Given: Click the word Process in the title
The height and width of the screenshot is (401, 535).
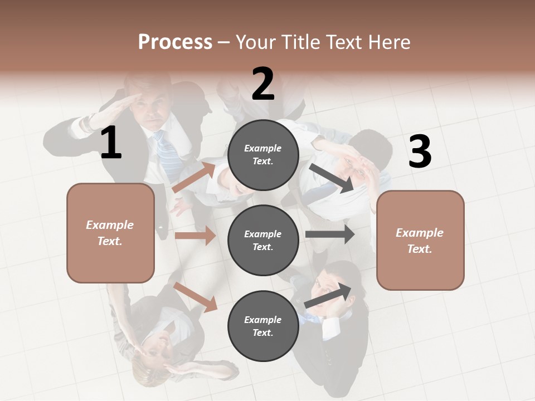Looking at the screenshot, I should pos(175,42).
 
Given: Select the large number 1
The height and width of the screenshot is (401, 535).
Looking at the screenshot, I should pos(111,143).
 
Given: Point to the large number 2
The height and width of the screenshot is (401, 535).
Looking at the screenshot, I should pos(263,84).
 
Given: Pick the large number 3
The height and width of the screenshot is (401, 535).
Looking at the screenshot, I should pos(420,151).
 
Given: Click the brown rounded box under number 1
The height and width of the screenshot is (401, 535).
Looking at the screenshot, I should pos(110,233).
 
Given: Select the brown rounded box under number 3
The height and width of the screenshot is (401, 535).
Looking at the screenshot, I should pos(420,240).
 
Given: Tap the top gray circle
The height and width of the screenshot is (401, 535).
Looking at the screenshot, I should pos(263,154).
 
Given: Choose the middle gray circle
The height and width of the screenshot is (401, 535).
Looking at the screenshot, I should pos(263,240).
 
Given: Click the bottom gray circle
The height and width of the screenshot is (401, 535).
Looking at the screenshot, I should pos(263,326).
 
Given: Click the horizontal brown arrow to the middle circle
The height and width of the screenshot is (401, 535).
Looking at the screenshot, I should pos(195,236).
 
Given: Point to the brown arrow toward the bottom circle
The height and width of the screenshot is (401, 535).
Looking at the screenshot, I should pos(196,297).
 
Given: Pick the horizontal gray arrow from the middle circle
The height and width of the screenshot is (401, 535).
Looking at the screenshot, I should pos(330,234).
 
